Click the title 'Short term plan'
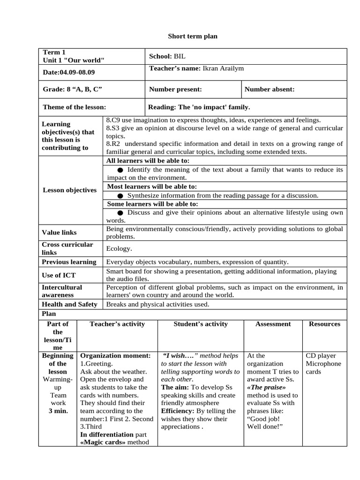click(193, 36)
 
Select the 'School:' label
click(160, 56)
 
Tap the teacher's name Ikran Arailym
click(223, 68)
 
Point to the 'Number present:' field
click(175, 89)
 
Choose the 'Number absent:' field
click(270, 89)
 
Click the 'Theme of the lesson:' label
click(75, 107)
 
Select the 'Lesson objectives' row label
click(70, 190)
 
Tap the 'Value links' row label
click(59, 232)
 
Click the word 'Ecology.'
click(119, 249)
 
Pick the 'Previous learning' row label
click(69, 262)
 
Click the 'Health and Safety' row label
click(70, 304)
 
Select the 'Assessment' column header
click(273, 324)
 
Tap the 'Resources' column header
click(324, 324)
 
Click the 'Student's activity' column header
click(201, 324)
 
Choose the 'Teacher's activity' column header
click(117, 324)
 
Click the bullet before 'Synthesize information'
click(120, 195)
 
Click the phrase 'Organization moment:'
click(115, 356)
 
